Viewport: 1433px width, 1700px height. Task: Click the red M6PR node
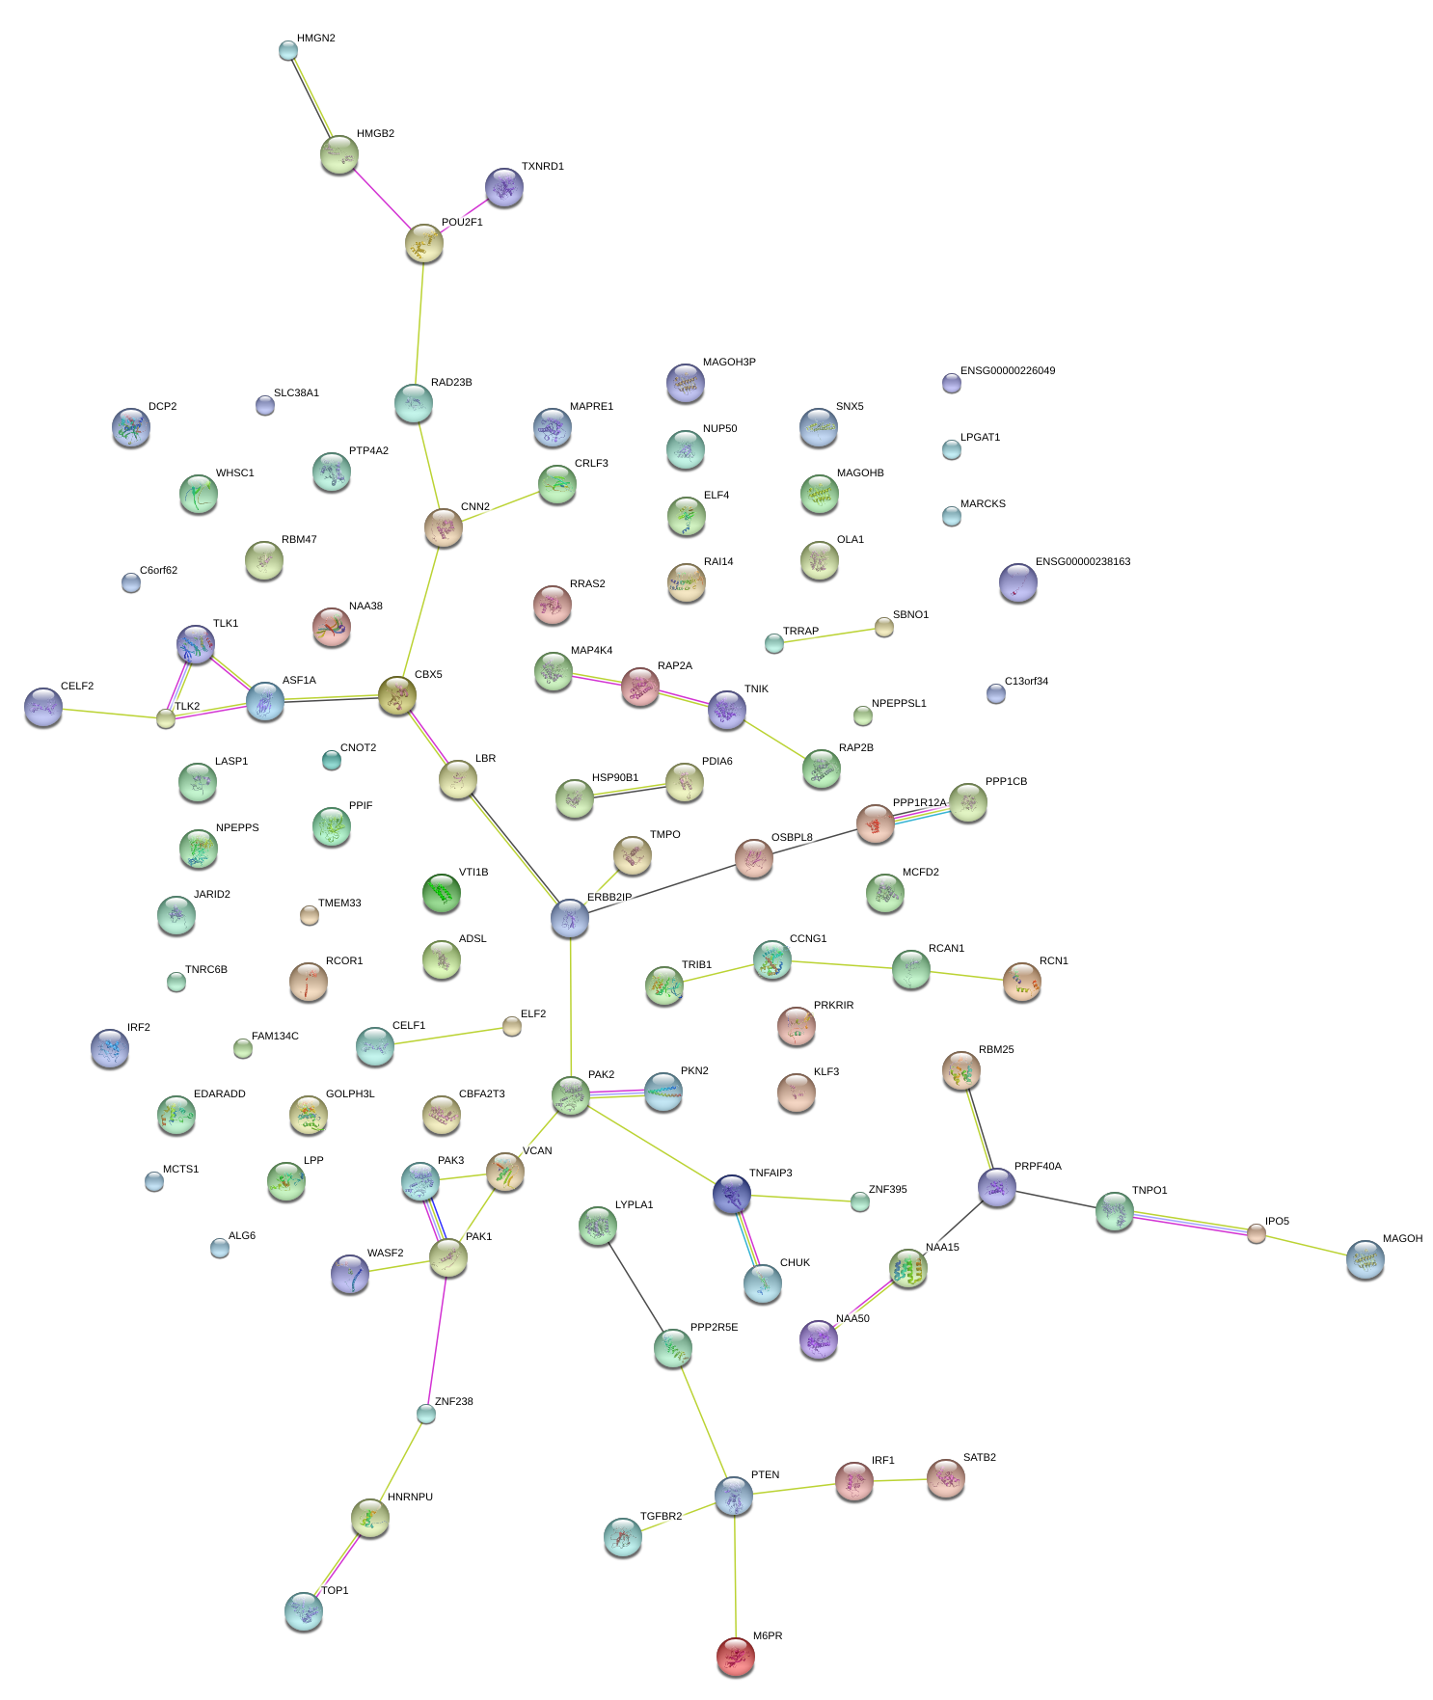pyautogui.click(x=736, y=1656)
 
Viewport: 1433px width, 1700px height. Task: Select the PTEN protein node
pyautogui.click(x=734, y=1495)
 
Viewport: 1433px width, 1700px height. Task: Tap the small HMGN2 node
pyautogui.click(x=288, y=50)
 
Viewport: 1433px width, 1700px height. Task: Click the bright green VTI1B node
pyautogui.click(x=442, y=893)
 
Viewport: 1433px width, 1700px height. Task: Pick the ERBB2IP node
pyautogui.click(x=570, y=919)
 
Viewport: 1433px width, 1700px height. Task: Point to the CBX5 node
pyautogui.click(x=397, y=695)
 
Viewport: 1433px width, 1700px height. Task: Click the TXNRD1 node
pyautogui.click(x=504, y=187)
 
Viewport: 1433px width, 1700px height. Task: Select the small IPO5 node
pyautogui.click(x=1256, y=1233)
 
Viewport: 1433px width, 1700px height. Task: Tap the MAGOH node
pyautogui.click(x=1365, y=1259)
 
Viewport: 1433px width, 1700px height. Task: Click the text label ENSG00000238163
pyautogui.click(x=1082, y=562)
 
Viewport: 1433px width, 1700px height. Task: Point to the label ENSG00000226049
pyautogui.click(x=1007, y=371)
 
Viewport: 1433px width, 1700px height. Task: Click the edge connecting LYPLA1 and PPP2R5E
pyautogui.click(x=635, y=1285)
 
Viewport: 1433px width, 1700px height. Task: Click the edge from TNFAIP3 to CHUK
pyautogui.click(x=747, y=1238)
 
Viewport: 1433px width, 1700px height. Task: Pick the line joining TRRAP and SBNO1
pyautogui.click(x=829, y=635)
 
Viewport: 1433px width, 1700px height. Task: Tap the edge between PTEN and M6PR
pyautogui.click(x=735, y=1577)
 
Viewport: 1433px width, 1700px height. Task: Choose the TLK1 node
pyautogui.click(x=197, y=644)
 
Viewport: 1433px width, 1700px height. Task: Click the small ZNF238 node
pyautogui.click(x=426, y=1414)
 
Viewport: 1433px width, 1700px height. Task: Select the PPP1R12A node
pyautogui.click(x=876, y=823)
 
